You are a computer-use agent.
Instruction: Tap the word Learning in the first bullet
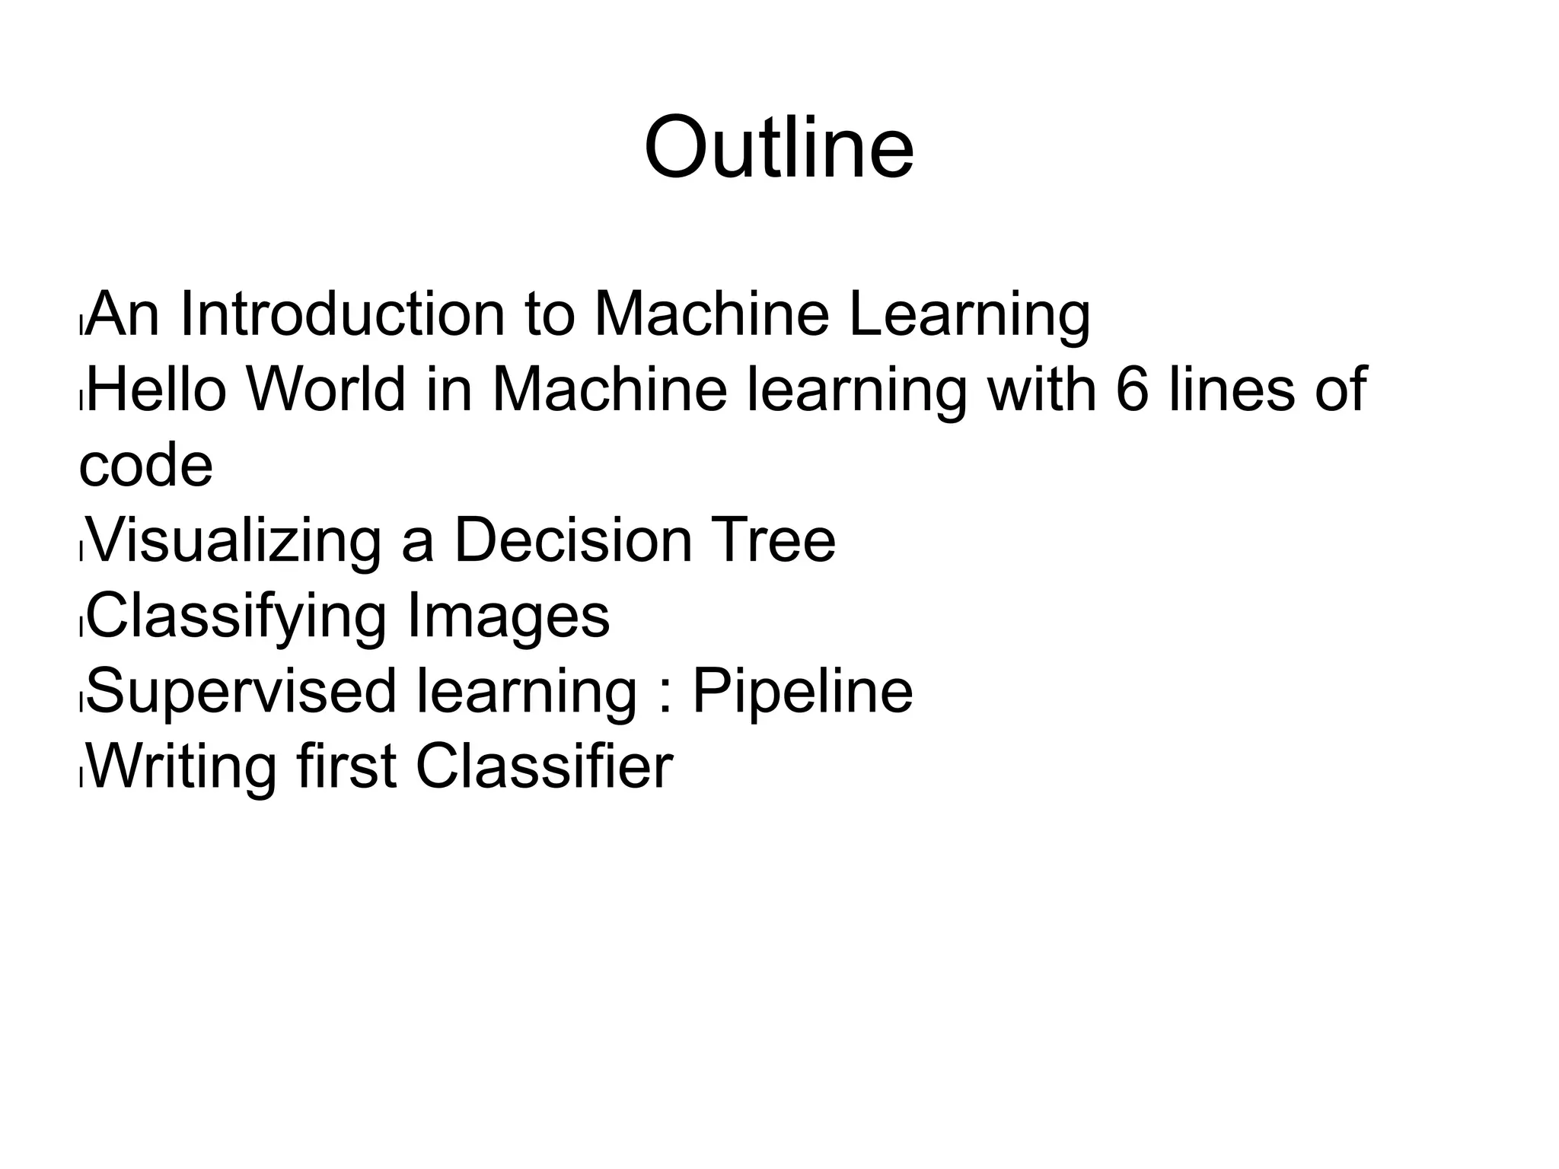point(969,316)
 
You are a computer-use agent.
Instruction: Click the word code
point(145,466)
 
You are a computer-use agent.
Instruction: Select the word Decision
point(573,540)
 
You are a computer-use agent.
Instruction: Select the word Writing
point(183,767)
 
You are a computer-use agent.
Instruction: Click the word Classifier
point(544,766)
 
